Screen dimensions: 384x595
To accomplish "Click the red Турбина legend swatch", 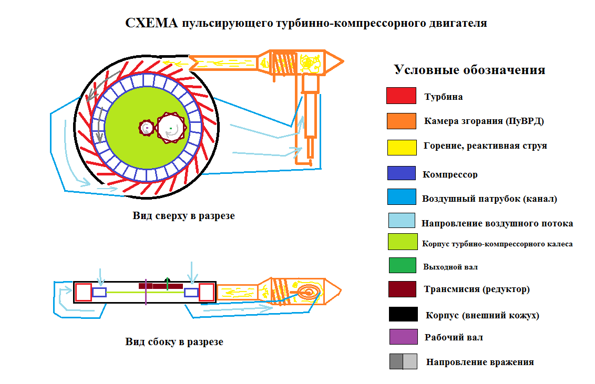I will click(401, 96).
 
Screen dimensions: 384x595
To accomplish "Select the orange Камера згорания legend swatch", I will click(401, 121).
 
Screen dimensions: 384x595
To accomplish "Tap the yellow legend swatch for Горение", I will click(401, 147).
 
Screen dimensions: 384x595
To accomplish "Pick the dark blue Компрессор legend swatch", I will click(401, 173).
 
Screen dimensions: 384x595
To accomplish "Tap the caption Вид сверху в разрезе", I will click(183, 216).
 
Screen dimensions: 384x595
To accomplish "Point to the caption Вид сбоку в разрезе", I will click(174, 342).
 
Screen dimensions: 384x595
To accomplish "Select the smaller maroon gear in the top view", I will click(147, 127).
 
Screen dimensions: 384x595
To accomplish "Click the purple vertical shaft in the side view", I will click(146, 292).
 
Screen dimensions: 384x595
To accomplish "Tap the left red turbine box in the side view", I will click(84, 292).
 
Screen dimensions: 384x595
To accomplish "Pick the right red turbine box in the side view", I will click(206, 292).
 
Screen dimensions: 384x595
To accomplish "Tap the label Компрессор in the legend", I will click(450, 174).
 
